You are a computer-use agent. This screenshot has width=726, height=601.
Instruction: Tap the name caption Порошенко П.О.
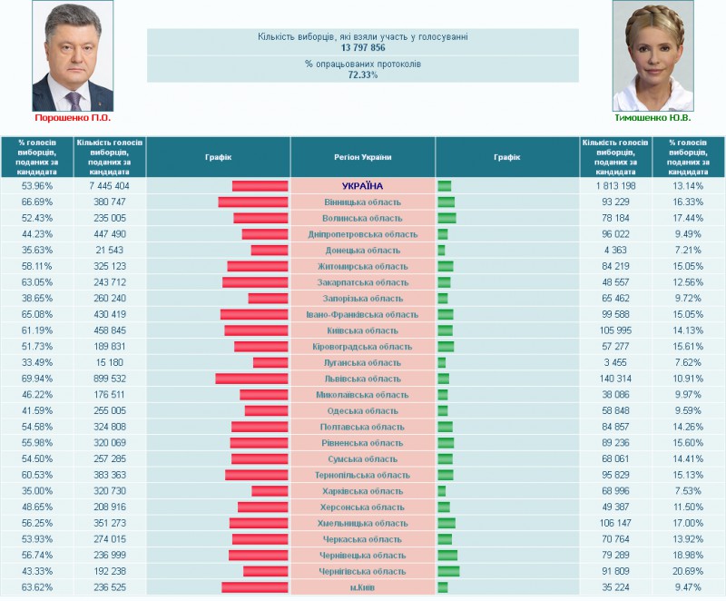click(72, 118)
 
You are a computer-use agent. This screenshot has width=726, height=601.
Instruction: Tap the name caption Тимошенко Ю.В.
click(652, 118)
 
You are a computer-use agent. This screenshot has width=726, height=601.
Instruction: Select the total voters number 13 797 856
click(362, 47)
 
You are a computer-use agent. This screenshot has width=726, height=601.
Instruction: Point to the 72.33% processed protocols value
click(362, 75)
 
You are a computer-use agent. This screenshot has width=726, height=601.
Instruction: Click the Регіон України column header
click(362, 157)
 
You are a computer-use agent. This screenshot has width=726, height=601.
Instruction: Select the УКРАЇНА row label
click(362, 186)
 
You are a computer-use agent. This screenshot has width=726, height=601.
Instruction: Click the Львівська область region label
click(362, 379)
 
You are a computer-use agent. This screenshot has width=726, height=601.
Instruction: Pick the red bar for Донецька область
click(270, 251)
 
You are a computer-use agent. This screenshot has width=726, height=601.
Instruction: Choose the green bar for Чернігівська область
click(448, 571)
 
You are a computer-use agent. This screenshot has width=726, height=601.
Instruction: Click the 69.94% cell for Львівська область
click(37, 379)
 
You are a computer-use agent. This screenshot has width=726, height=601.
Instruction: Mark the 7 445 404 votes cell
click(109, 186)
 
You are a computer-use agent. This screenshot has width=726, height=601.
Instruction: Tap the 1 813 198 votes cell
click(614, 186)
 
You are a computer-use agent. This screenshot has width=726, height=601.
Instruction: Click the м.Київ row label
click(362, 587)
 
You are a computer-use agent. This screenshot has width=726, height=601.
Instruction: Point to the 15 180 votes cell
click(109, 362)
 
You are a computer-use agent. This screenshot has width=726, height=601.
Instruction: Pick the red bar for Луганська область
click(271, 362)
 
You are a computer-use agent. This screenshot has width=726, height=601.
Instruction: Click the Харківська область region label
click(362, 491)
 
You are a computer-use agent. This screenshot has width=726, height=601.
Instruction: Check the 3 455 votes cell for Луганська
click(614, 362)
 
